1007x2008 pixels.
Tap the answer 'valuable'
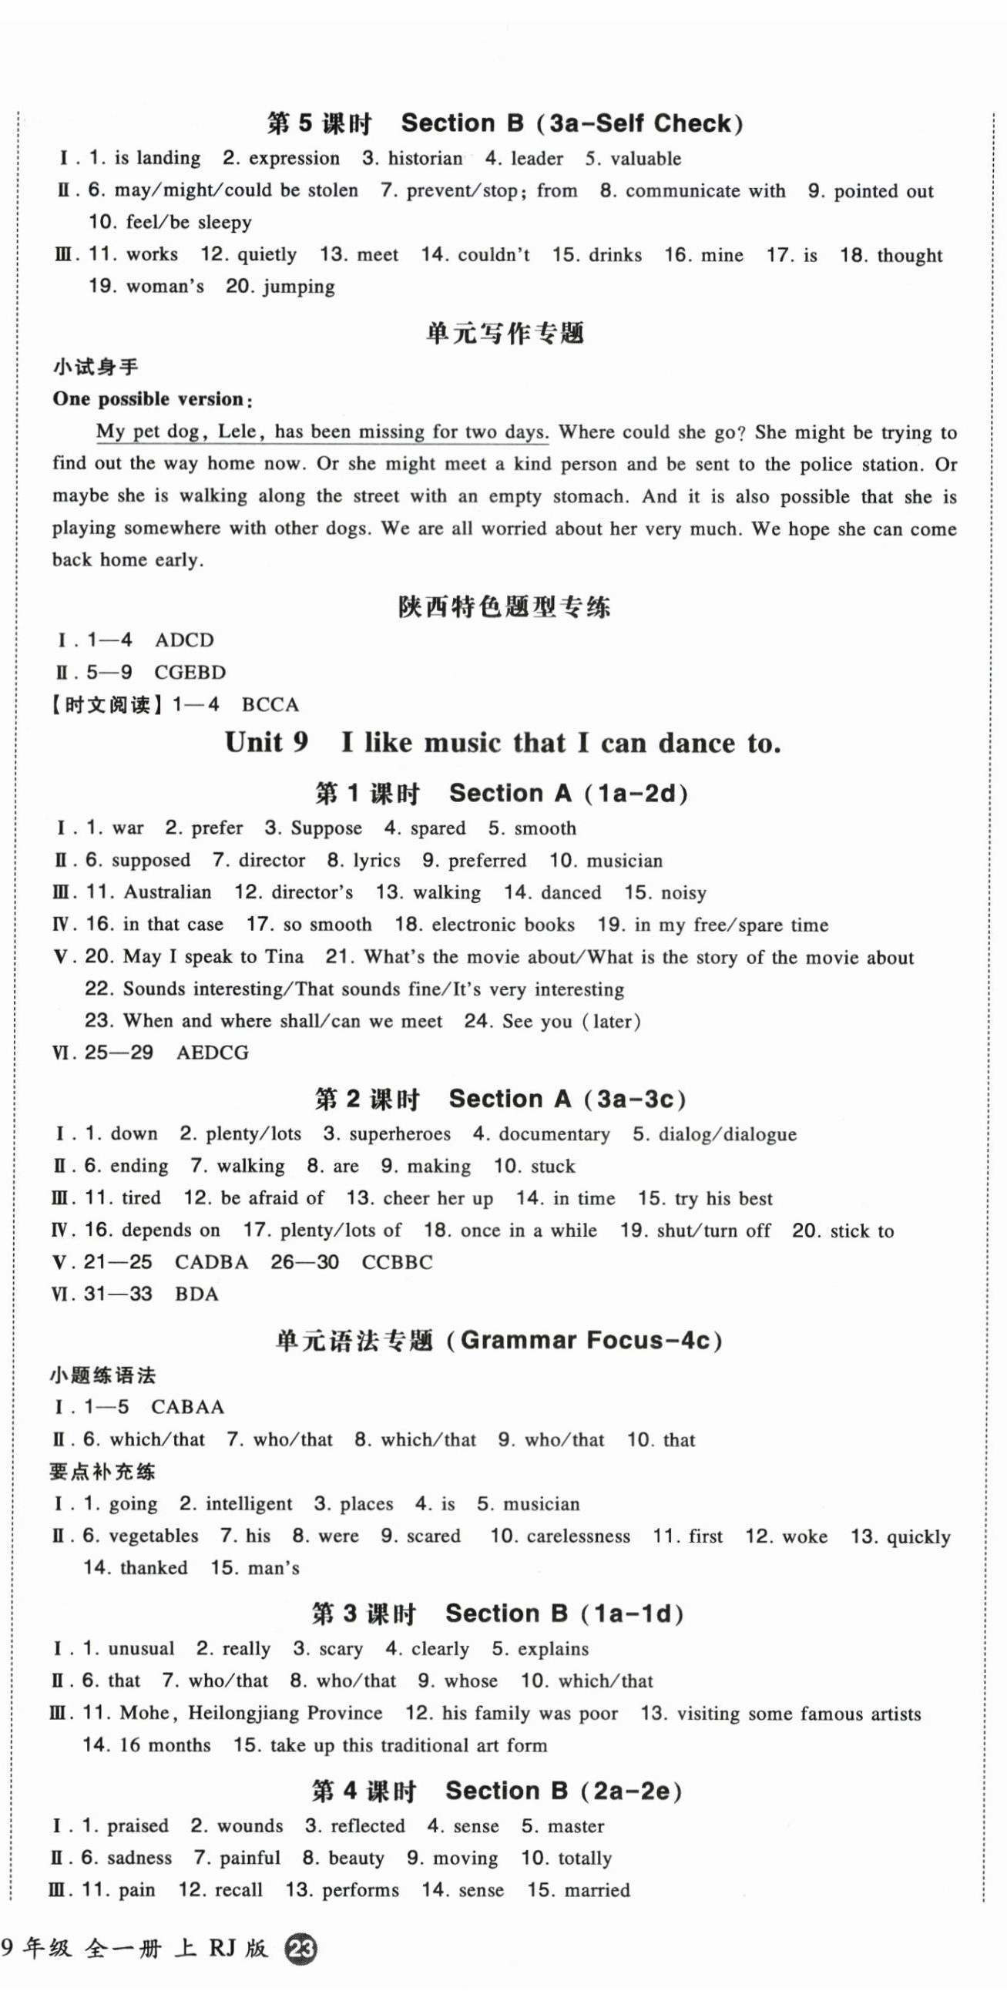[x=646, y=159]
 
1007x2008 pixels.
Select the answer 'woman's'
[x=164, y=287]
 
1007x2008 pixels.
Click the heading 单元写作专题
[x=505, y=334]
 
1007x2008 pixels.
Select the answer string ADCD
[x=184, y=641]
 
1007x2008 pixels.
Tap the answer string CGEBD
[x=190, y=673]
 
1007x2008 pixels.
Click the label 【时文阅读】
[x=109, y=705]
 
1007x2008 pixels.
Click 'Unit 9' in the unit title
[x=267, y=743]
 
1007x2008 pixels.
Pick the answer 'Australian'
[x=167, y=892]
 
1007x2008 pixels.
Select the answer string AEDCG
[x=213, y=1053]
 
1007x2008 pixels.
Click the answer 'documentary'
[x=554, y=1134]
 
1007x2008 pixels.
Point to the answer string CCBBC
[x=397, y=1263]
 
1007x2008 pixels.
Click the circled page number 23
[x=301, y=1988]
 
